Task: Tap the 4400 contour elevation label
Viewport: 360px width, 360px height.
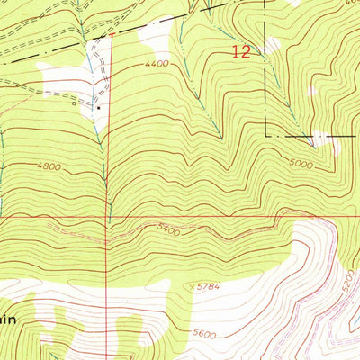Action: (156, 64)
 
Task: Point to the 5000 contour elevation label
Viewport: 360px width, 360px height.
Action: (302, 165)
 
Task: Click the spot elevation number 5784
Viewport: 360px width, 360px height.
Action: (206, 288)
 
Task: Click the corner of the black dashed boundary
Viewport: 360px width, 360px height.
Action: (265, 136)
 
